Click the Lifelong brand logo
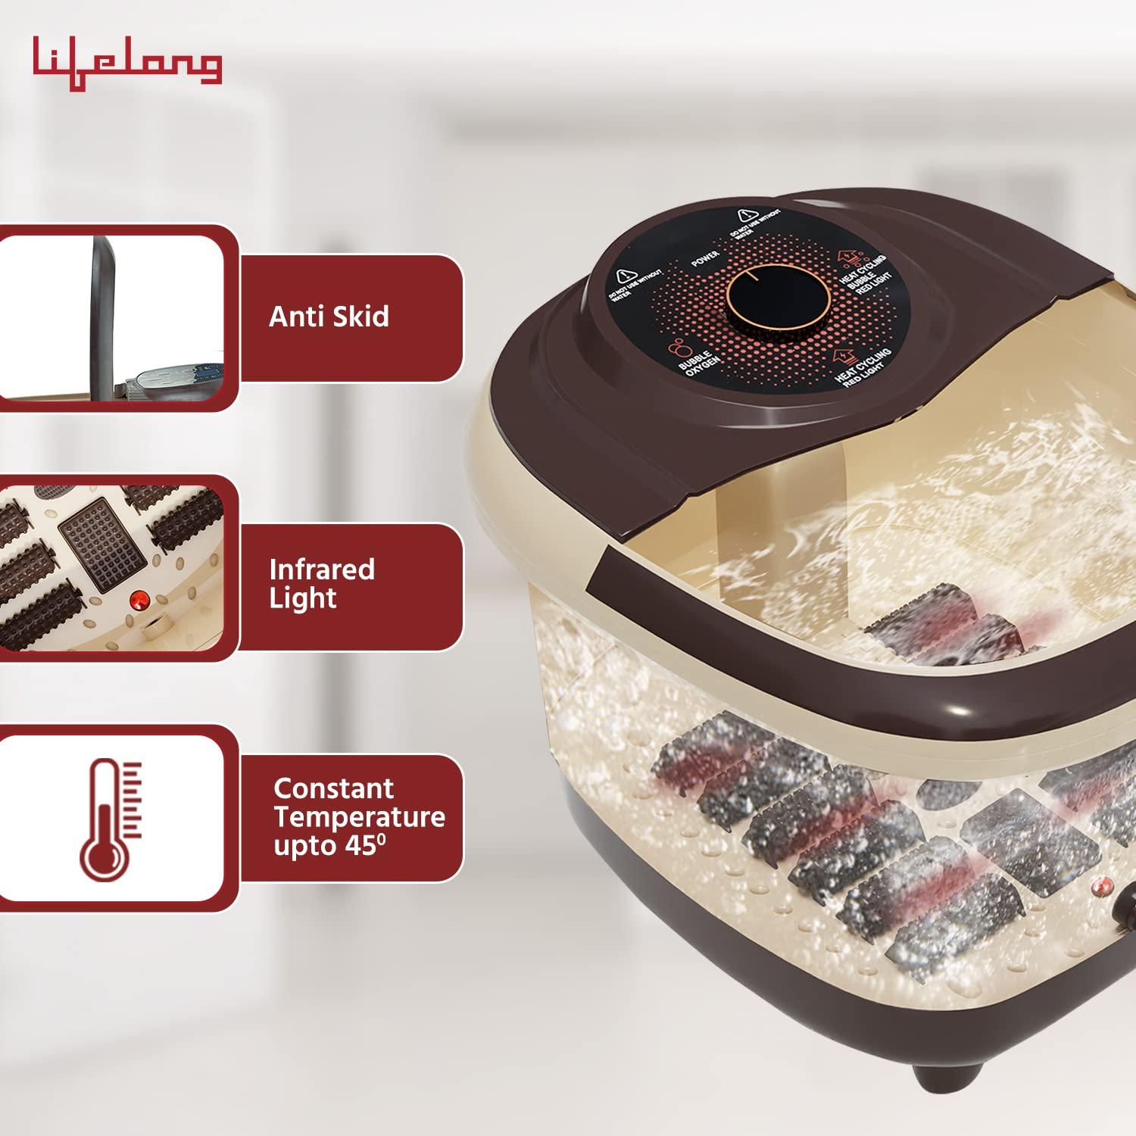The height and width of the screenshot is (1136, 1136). pos(127,64)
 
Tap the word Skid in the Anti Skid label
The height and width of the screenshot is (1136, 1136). pos(357,316)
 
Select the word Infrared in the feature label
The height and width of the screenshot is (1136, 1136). pos(322,570)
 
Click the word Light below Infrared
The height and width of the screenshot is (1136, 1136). pos(303,598)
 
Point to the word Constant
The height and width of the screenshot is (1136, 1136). pos(333,788)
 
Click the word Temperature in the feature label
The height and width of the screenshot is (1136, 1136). pos(360,817)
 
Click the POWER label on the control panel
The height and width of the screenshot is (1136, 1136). pos(705,258)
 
